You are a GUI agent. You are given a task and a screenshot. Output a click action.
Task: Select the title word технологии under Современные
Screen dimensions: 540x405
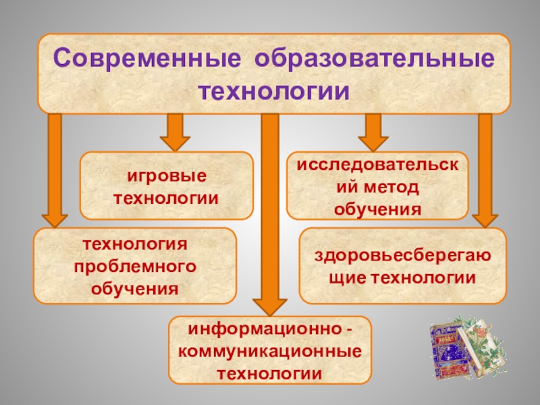[274, 90]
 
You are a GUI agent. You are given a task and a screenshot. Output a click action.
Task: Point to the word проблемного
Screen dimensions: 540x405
[136, 265]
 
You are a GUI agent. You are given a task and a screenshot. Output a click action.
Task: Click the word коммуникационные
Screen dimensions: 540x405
[269, 352]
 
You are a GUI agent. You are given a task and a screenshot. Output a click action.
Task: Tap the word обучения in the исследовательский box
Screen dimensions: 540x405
[378, 209]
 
